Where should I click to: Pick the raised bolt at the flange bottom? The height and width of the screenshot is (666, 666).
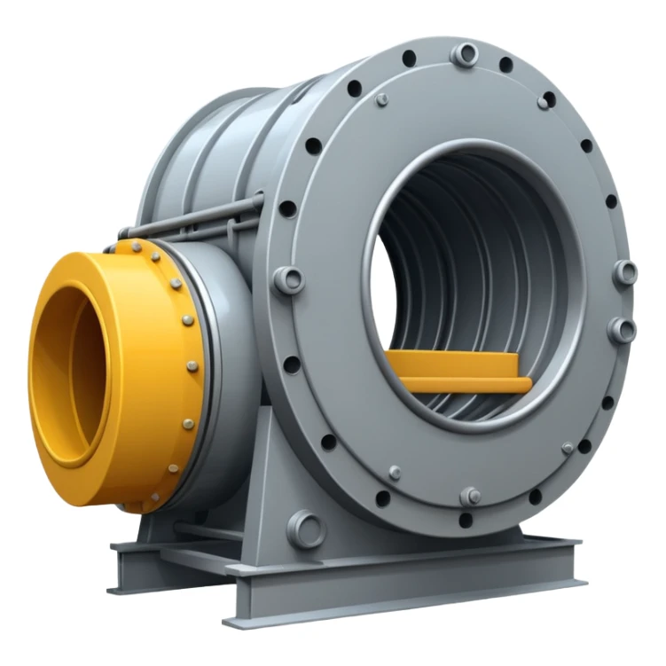pos(471,496)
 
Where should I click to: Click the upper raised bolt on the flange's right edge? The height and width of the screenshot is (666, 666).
pos(625,271)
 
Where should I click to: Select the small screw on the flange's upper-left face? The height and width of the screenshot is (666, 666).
pos(382,99)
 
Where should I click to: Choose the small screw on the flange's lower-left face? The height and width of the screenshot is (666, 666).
pos(395,473)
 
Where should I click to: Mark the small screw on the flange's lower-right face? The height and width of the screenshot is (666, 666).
pos(568,448)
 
